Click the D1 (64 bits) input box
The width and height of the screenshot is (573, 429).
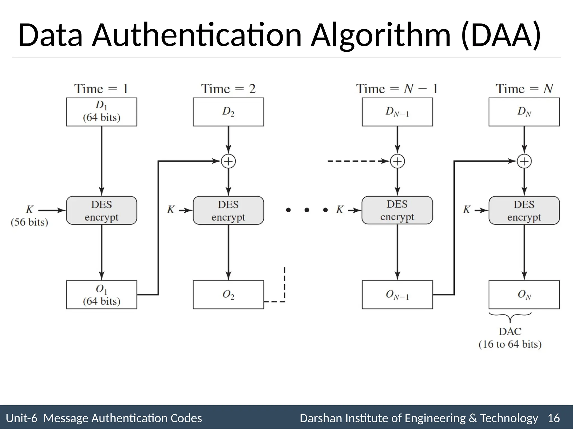(x=101, y=112)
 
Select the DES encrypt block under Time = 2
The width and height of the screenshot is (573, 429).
(x=228, y=210)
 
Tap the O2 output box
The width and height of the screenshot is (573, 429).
(x=228, y=295)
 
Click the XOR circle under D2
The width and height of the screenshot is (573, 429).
(x=228, y=161)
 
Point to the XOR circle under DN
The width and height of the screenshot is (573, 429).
(x=524, y=161)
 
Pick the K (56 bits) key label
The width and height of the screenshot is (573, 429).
(x=29, y=216)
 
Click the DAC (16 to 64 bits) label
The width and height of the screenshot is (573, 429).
(x=510, y=338)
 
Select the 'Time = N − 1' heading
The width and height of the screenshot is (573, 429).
(x=397, y=89)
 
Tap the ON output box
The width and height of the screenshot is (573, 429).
(x=524, y=295)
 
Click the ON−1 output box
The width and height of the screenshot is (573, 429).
(x=397, y=295)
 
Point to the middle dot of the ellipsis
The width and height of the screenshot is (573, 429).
(x=307, y=210)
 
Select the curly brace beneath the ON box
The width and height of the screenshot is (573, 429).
(x=510, y=316)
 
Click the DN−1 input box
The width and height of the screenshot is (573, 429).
(x=397, y=112)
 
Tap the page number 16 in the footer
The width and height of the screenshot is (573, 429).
(x=553, y=418)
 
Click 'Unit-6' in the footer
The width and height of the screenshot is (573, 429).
(x=21, y=418)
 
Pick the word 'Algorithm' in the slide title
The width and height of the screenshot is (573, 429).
(x=381, y=35)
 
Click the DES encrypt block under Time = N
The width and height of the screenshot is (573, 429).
(x=524, y=210)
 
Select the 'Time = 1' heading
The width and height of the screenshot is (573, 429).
(x=101, y=89)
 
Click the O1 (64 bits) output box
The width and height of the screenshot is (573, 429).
(x=101, y=295)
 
